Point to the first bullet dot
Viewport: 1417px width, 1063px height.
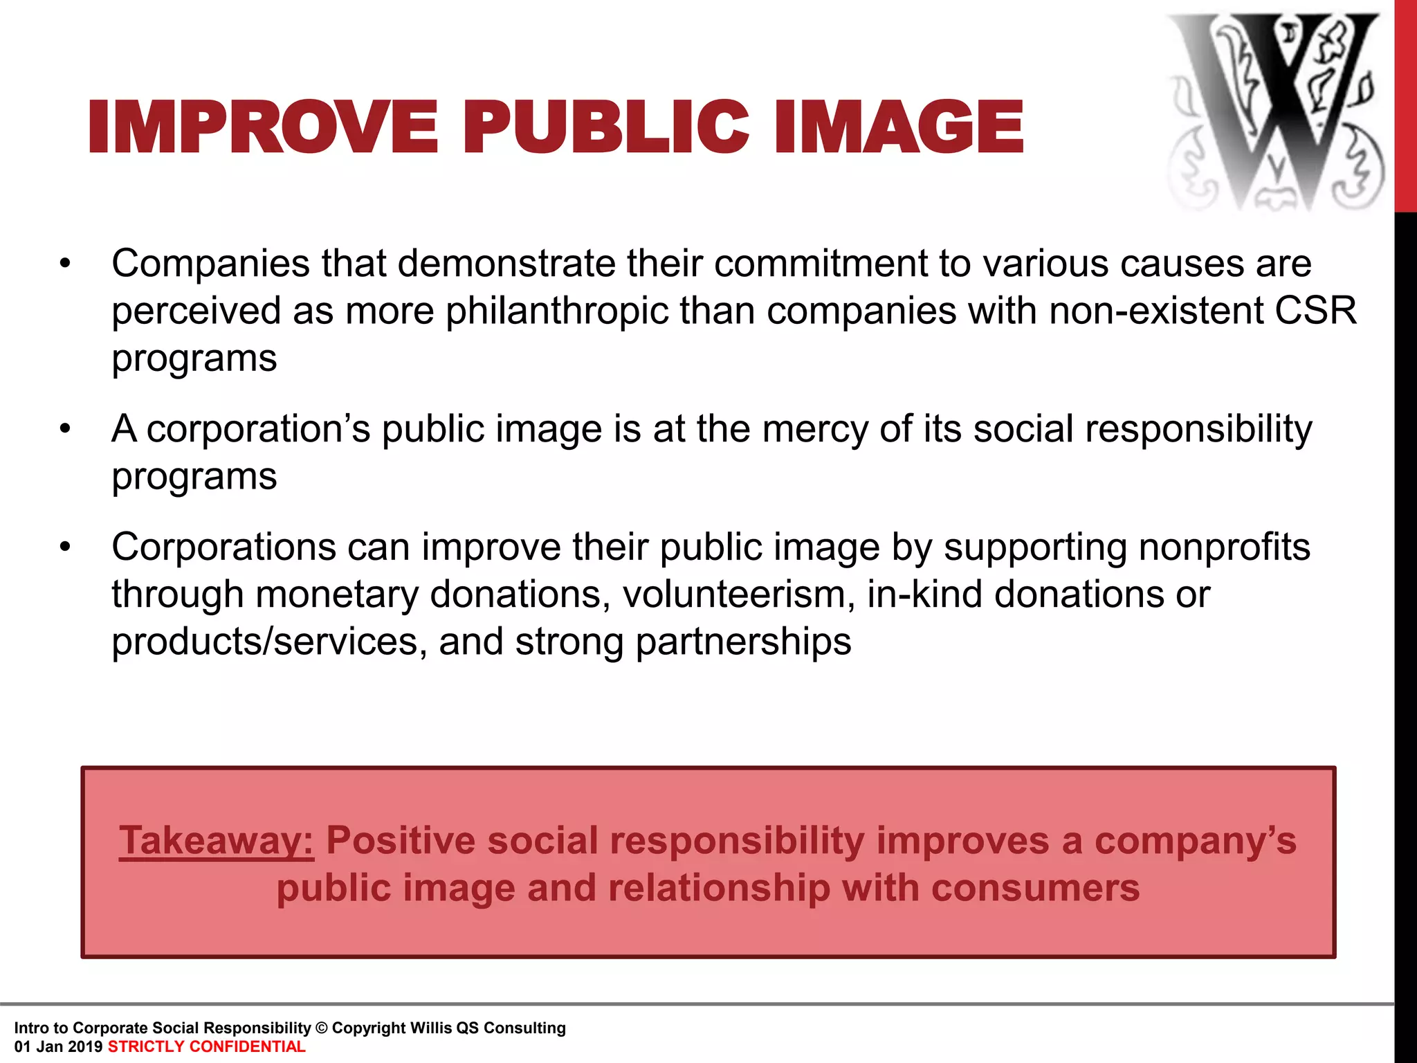[65, 264]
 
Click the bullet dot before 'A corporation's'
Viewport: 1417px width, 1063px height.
[65, 429]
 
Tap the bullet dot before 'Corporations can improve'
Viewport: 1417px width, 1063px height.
[65, 547]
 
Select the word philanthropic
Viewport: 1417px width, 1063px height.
[556, 311]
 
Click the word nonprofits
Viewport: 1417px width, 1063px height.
[1224, 547]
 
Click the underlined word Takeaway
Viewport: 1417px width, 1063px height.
[216, 841]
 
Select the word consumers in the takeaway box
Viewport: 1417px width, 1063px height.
[1035, 888]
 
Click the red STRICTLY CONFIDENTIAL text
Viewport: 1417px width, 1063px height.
[206, 1046]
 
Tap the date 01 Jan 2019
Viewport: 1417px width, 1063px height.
[58, 1046]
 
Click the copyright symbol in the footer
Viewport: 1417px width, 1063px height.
[321, 1028]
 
